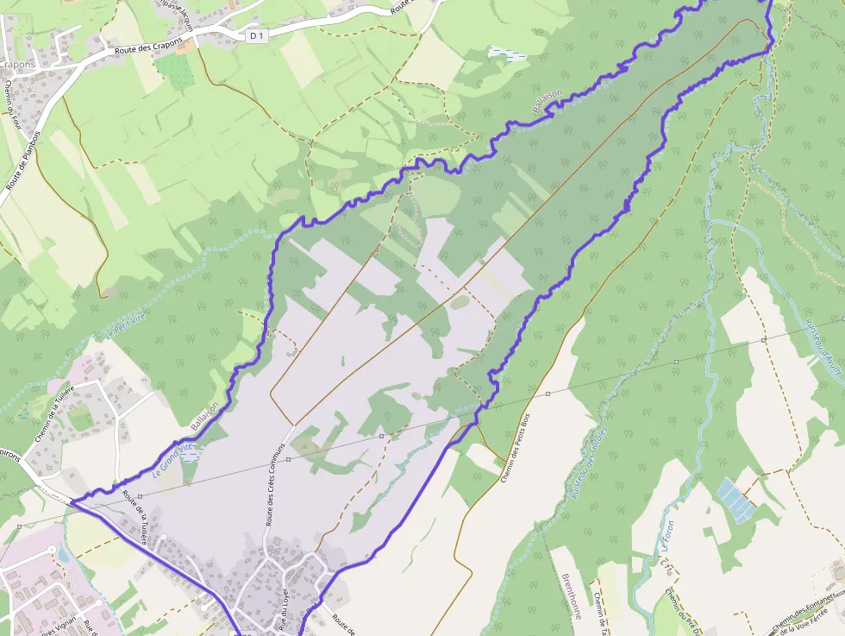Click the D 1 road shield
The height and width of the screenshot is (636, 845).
254,35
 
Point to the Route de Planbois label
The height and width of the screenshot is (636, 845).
24,161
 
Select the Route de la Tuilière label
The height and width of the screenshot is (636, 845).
135,517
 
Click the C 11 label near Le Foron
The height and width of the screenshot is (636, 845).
664,565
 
